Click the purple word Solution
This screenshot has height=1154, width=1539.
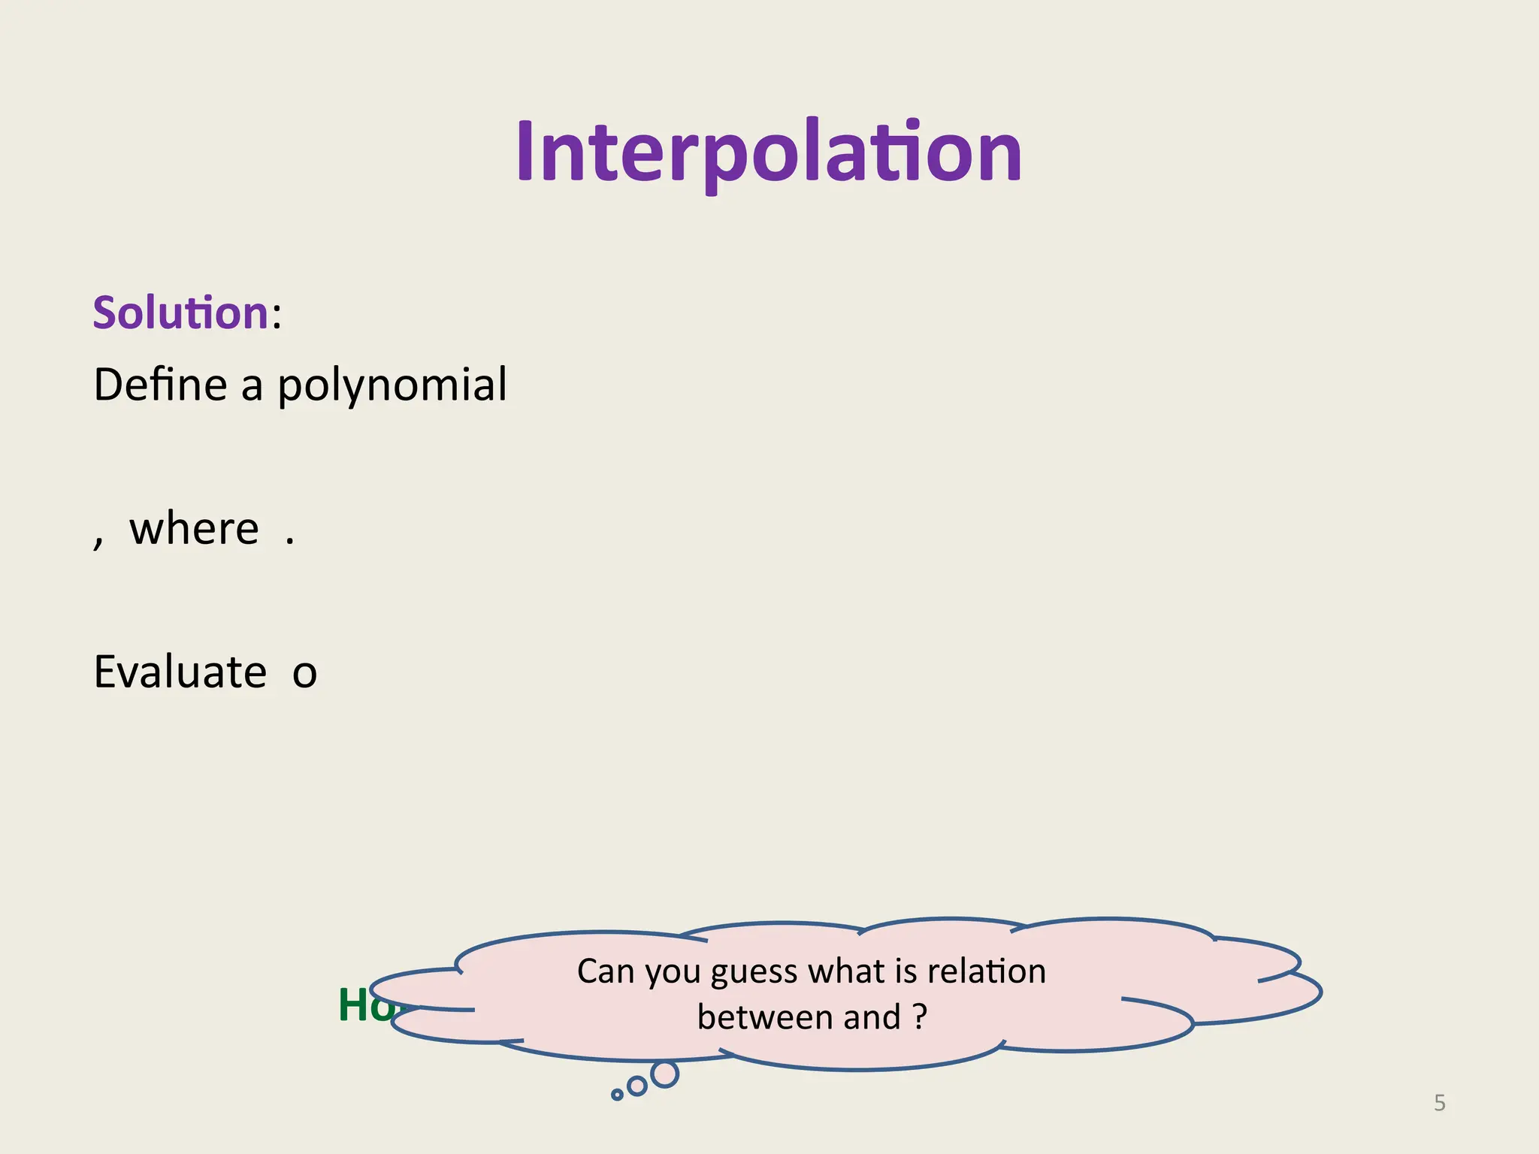pos(180,313)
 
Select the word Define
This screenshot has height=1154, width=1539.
pos(160,385)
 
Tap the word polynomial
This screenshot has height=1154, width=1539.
pos(392,386)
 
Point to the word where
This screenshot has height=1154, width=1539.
pos(194,528)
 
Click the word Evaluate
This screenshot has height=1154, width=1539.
pos(180,672)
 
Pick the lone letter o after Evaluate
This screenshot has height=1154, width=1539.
pos(304,673)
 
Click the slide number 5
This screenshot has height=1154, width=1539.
pos(1439,1103)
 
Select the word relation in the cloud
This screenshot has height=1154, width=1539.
pos(986,971)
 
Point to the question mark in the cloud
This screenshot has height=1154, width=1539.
pos(921,1017)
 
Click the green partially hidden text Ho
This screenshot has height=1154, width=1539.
pos(365,1004)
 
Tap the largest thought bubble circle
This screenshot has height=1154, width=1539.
pos(664,1074)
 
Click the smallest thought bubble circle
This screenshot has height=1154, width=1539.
pos(617,1095)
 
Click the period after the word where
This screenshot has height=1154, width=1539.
pos(290,541)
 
